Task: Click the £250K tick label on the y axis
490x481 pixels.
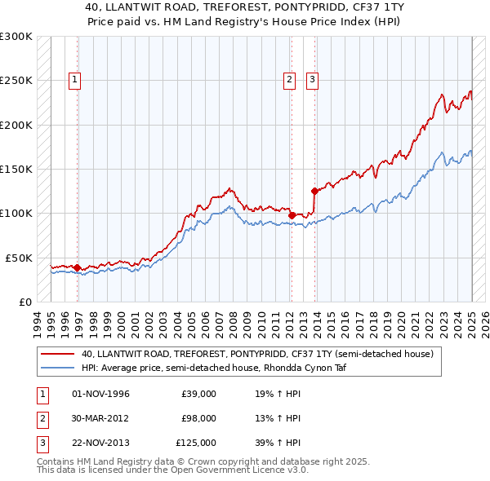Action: pyautogui.click(x=16, y=81)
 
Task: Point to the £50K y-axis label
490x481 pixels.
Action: pyautogui.click(x=19, y=258)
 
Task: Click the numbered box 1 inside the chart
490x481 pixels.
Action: pyautogui.click(x=74, y=80)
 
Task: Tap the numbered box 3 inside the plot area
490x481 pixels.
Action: pyautogui.click(x=313, y=80)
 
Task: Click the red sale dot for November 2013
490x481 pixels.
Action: pyautogui.click(x=314, y=191)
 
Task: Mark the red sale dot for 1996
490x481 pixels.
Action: pyautogui.click(x=78, y=267)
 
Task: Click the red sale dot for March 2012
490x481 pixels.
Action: pyautogui.click(x=292, y=214)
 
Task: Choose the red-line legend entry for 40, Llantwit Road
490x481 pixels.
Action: pyautogui.click(x=261, y=354)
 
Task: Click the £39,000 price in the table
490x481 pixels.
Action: pyautogui.click(x=198, y=394)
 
